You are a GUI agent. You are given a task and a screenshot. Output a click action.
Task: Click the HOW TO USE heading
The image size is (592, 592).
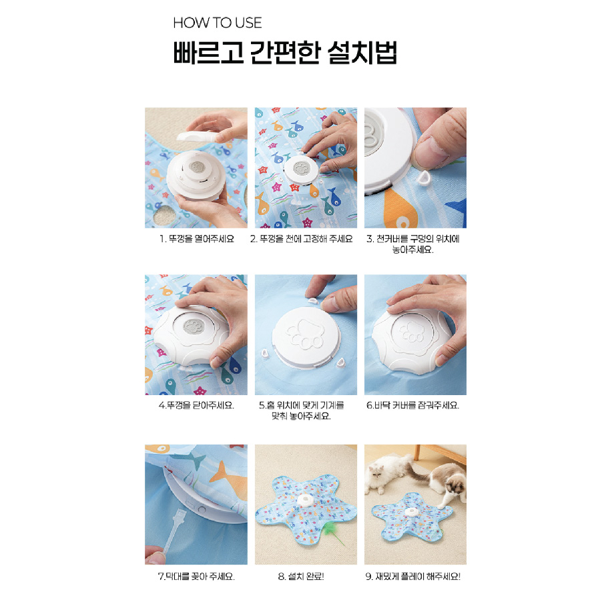217,23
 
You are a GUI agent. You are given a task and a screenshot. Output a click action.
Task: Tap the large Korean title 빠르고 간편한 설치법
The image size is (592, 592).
285,52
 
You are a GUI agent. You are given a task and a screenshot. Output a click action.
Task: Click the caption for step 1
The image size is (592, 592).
197,239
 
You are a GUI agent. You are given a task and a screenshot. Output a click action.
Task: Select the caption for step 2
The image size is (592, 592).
301,239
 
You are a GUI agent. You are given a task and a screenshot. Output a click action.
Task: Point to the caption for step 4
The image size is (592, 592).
196,405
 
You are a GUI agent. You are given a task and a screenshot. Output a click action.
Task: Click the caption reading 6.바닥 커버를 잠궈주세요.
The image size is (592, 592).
412,405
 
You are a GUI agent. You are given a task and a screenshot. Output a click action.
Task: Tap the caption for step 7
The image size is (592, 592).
196,577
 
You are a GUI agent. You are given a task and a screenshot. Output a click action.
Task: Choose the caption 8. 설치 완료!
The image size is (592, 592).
301,577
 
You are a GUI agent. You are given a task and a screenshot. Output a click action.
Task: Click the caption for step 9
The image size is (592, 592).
412,577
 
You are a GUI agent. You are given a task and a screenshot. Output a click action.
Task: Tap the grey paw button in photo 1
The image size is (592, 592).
197,168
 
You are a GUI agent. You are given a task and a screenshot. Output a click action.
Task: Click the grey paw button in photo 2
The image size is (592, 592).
300,168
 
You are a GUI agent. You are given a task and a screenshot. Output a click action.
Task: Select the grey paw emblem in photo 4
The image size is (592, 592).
194,326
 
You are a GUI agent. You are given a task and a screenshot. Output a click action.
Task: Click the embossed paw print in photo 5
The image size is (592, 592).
305,334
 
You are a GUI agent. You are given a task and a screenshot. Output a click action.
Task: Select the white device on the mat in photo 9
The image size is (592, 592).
410,512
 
